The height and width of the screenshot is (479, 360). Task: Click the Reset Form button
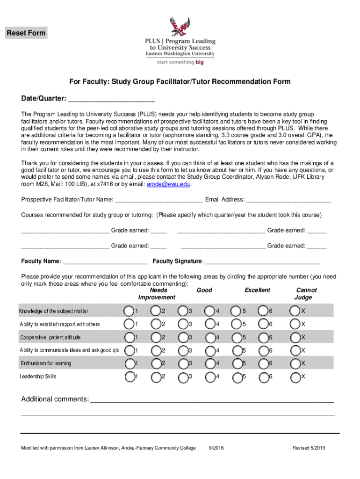coord(26,33)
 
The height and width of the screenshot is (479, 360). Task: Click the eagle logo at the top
coord(180,27)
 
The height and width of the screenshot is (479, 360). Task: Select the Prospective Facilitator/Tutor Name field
coord(158,200)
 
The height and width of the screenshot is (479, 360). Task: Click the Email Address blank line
coord(288,200)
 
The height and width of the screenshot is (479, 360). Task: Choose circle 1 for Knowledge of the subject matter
coord(129,311)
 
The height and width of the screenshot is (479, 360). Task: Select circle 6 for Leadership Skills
coord(265,376)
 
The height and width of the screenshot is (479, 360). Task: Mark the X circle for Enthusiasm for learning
coord(295,363)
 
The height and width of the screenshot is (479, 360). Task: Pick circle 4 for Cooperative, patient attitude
coord(211,337)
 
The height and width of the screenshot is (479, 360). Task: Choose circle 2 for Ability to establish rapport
coord(156,324)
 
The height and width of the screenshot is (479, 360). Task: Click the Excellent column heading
coord(257,290)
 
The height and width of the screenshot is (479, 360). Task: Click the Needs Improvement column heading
coord(157,294)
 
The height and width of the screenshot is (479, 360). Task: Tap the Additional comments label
coord(55,399)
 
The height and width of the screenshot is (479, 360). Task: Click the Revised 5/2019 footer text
coord(309,448)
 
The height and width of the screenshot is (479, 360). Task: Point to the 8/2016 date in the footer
coord(216,448)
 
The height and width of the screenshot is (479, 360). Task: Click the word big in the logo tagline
coord(200,62)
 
